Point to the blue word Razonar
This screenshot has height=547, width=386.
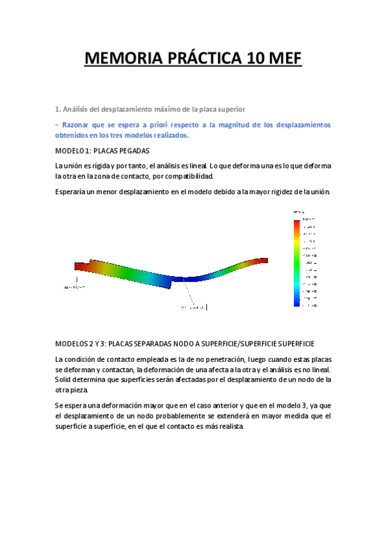(77, 124)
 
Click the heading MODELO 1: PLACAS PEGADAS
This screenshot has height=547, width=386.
(102, 151)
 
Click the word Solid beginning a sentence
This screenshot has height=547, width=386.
(64, 380)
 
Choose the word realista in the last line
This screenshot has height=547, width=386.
(229, 427)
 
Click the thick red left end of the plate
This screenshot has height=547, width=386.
(80, 264)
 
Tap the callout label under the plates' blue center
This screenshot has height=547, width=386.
(192, 307)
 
